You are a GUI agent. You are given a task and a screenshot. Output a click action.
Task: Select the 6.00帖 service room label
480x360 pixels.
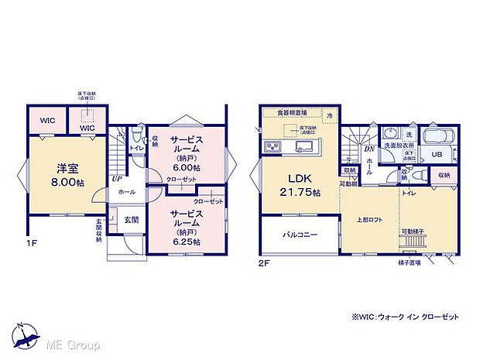[186, 159]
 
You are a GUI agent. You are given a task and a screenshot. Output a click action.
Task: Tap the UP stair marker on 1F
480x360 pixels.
[116, 179]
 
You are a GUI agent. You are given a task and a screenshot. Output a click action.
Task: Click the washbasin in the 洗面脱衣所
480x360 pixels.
[391, 132]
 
